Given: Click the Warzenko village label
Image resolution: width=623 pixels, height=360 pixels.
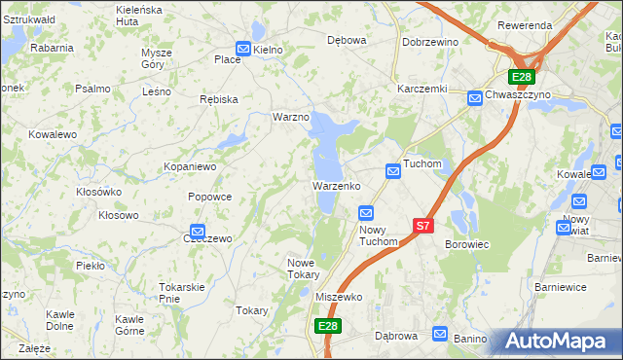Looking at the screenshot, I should [x=337, y=185].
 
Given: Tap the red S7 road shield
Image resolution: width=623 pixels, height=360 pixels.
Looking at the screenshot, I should [x=421, y=226].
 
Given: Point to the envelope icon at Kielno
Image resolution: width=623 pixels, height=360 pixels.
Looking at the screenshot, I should [x=243, y=49].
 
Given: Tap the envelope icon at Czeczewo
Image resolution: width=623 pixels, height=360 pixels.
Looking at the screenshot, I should [x=197, y=233].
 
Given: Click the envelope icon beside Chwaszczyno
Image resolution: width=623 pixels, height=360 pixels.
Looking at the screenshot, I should [x=474, y=97].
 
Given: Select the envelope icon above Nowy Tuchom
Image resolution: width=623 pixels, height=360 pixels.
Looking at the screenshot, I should [x=367, y=213].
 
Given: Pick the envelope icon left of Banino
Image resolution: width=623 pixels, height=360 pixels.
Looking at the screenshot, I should [x=439, y=333].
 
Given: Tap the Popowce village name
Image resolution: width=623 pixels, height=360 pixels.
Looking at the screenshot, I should [x=209, y=197].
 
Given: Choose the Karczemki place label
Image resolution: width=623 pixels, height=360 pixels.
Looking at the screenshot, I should [x=421, y=88].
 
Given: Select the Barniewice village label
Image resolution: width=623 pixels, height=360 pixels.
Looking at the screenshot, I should [x=563, y=287].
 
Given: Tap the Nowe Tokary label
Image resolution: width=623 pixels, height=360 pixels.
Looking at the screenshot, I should [x=303, y=269].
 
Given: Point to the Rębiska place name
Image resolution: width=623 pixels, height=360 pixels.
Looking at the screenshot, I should [x=217, y=99].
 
